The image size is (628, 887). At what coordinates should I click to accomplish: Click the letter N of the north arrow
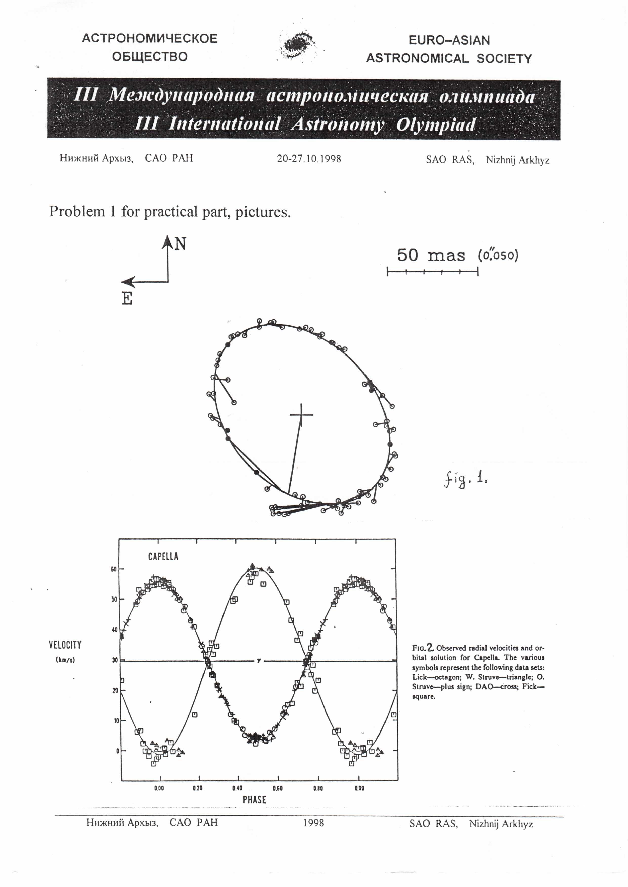[x=180, y=244]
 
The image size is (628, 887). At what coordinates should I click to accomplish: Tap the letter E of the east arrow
[x=127, y=299]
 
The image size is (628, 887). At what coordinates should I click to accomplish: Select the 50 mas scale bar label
[x=431, y=255]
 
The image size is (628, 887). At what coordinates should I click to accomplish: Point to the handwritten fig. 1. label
[x=465, y=480]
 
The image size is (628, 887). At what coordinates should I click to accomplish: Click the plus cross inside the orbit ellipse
[x=301, y=414]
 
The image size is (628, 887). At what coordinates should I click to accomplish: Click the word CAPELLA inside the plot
[x=163, y=557]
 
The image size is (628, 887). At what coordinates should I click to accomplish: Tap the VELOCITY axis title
[x=65, y=645]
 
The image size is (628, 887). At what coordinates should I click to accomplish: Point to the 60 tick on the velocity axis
[x=114, y=569]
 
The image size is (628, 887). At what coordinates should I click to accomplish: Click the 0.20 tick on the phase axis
[x=198, y=788]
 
